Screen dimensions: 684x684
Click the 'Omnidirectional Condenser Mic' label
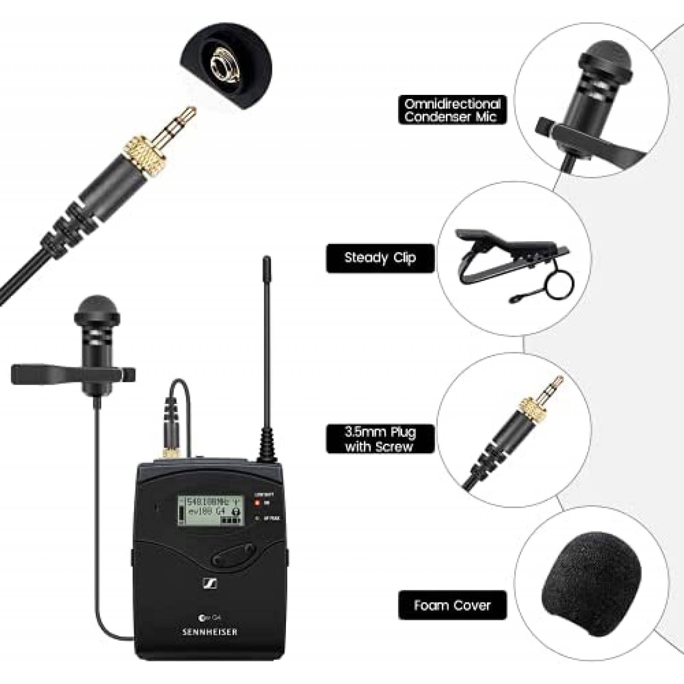[452, 110]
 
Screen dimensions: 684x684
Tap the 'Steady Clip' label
[380, 258]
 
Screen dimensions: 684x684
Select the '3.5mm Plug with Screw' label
[380, 439]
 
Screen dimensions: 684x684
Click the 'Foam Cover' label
[452, 605]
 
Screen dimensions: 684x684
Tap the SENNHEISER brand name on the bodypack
[209, 632]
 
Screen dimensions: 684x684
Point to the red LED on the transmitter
[257, 503]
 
